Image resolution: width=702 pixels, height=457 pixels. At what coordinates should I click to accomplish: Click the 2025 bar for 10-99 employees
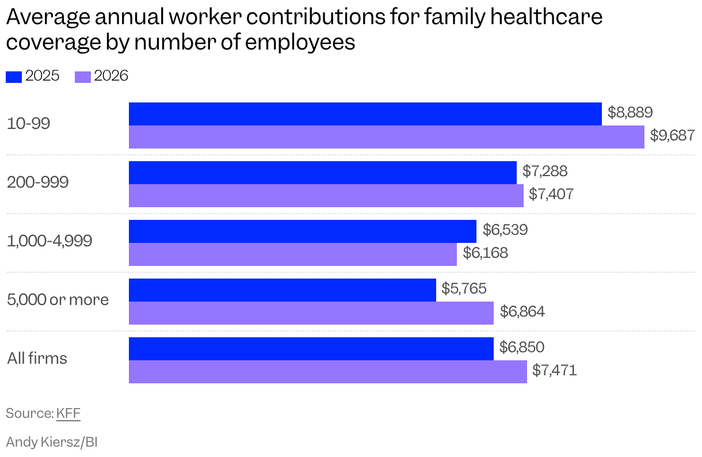[x=365, y=114]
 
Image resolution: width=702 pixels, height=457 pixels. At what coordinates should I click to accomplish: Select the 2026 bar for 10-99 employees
[x=387, y=137]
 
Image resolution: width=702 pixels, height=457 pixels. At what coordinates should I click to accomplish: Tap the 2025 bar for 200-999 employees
[x=322, y=173]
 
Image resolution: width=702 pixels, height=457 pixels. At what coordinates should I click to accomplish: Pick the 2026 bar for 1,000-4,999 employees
[x=293, y=254]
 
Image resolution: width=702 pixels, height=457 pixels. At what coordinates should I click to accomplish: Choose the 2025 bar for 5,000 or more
[x=282, y=290]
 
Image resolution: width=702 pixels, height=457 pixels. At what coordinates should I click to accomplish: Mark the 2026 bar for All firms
[x=328, y=372]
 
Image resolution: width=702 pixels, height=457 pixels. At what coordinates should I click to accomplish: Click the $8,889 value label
[x=630, y=112]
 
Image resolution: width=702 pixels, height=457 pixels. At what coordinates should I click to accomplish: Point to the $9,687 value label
[x=672, y=135]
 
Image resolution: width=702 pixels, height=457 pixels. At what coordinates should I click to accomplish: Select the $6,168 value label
[x=485, y=253]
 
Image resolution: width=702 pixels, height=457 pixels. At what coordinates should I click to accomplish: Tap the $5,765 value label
[x=464, y=288]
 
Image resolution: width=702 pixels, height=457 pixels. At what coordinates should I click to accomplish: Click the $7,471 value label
[x=554, y=370]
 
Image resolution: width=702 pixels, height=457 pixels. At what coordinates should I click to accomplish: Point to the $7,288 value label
[x=545, y=171]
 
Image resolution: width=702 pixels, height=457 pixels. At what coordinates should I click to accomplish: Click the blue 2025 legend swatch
[x=14, y=77]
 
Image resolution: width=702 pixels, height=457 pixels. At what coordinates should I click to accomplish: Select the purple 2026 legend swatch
[x=83, y=77]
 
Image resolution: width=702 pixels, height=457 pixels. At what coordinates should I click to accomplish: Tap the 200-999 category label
[x=37, y=182]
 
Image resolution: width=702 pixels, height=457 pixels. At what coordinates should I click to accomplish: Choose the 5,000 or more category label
[x=58, y=300]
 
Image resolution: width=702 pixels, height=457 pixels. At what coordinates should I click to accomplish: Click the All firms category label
[x=37, y=358]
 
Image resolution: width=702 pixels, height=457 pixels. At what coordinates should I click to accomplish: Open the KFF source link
[x=68, y=413]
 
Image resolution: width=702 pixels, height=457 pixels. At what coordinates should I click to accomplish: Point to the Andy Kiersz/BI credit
[x=52, y=442]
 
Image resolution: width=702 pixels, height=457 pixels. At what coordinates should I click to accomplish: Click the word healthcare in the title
[x=546, y=17]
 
